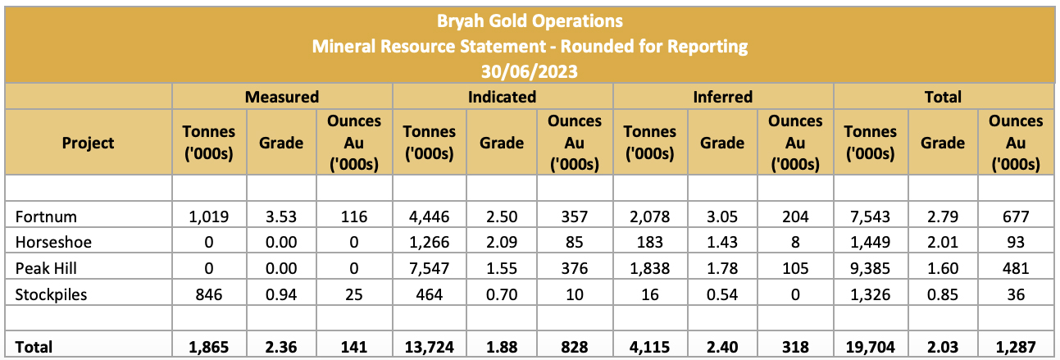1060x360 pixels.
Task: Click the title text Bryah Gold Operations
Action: (530, 20)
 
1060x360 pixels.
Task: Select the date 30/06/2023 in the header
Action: (530, 71)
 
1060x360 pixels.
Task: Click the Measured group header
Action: (282, 97)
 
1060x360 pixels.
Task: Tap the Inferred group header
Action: (723, 97)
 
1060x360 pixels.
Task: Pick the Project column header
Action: (88, 143)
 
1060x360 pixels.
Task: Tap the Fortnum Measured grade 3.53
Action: (281, 217)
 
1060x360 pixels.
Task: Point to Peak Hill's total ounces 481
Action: (1016, 269)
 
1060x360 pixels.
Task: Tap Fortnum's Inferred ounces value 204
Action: (795, 217)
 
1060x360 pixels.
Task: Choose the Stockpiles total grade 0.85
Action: (943, 294)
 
